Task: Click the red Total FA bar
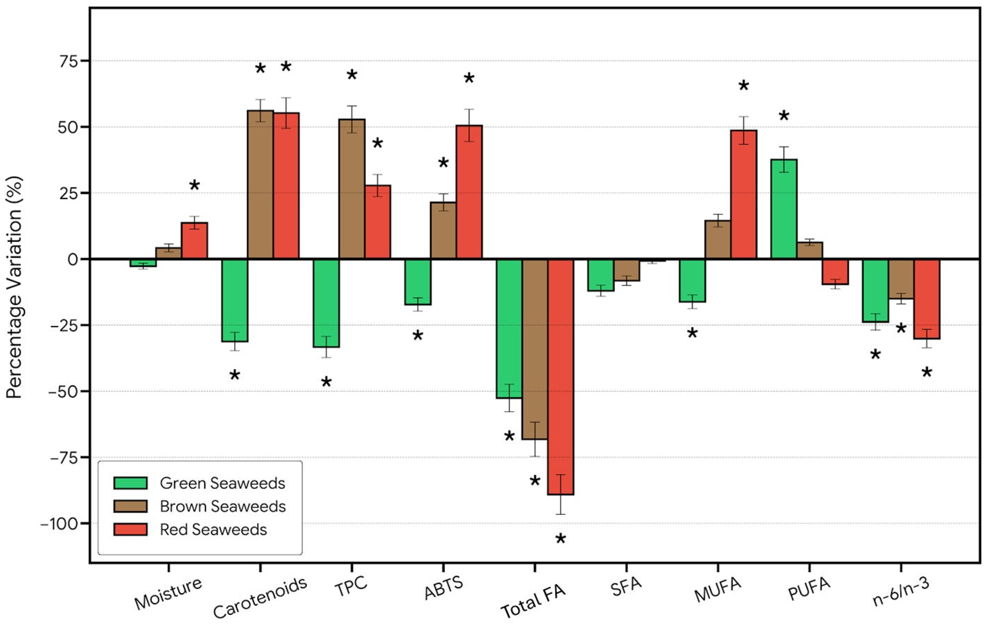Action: (x=560, y=377)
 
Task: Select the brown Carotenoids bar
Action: (x=260, y=184)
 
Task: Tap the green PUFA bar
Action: (x=784, y=209)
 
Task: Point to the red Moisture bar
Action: (x=194, y=240)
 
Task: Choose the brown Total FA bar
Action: (x=535, y=349)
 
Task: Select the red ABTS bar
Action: (x=469, y=192)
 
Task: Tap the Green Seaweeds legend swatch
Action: (x=131, y=483)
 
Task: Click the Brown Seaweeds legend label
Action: (x=223, y=506)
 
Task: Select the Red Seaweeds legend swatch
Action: (x=131, y=529)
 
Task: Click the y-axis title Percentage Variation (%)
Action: (x=14, y=287)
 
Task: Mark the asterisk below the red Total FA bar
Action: (x=560, y=539)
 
